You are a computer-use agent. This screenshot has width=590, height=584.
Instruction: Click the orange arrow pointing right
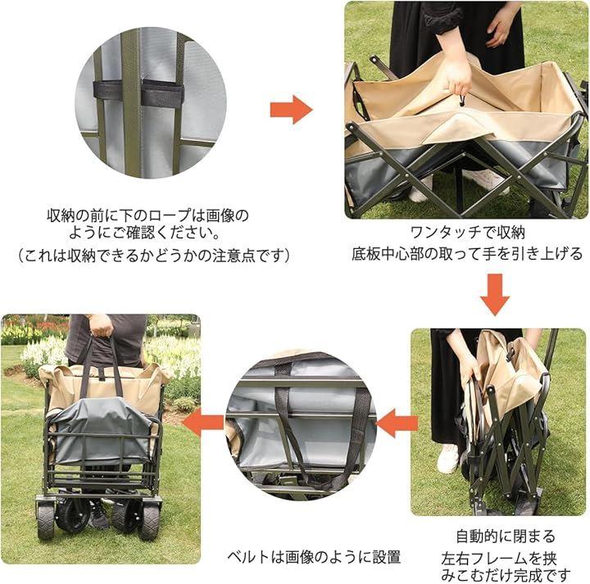pyautogui.click(x=291, y=110)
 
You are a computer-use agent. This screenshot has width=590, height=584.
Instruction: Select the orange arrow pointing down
pyautogui.click(x=495, y=294)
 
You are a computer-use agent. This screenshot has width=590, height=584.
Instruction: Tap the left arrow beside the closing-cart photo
pyautogui.click(x=397, y=423)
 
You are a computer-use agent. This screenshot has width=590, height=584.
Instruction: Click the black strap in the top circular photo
pyautogui.click(x=138, y=93)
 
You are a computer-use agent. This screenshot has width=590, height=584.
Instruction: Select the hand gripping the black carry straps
pyautogui.click(x=101, y=325)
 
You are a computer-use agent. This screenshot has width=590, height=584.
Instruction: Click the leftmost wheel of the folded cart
pyautogui.click(x=45, y=518)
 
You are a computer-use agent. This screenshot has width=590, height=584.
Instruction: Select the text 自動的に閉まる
pyautogui.click(x=506, y=536)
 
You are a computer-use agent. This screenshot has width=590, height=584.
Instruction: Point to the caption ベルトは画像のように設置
pyautogui.click(x=314, y=556)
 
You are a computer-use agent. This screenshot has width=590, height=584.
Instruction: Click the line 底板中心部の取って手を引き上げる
pyautogui.click(x=467, y=254)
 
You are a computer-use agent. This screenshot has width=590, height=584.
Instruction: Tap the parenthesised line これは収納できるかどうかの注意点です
pyautogui.click(x=155, y=256)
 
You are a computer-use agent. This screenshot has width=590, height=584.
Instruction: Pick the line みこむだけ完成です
pyautogui.click(x=506, y=575)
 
